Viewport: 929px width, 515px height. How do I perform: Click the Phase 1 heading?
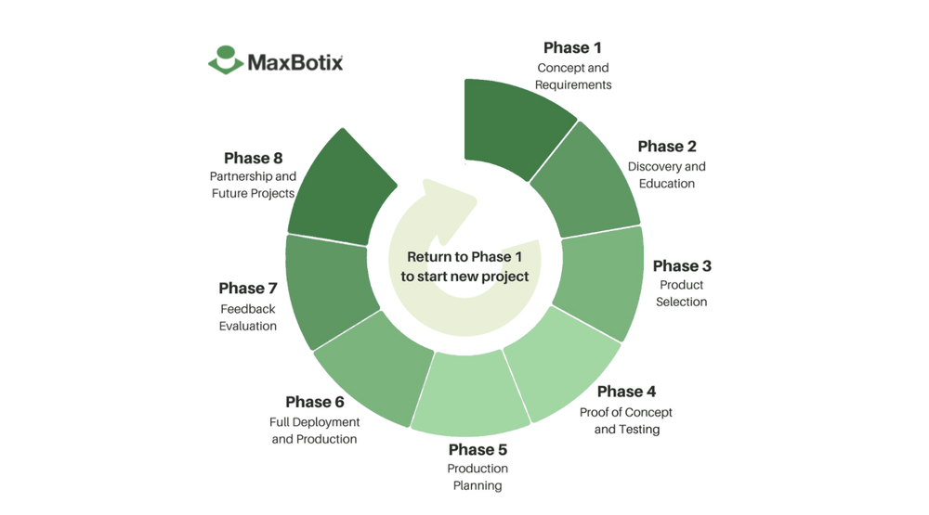tap(572, 47)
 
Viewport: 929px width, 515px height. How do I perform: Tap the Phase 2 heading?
tap(666, 147)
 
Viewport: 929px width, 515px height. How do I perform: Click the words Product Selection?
tap(681, 293)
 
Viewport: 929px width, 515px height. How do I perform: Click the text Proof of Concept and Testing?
tap(626, 420)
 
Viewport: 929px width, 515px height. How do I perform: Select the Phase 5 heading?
tap(477, 451)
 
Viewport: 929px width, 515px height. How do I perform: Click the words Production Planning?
tap(477, 477)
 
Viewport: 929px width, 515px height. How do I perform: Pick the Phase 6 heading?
tap(314, 402)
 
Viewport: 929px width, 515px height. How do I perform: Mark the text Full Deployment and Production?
tap(314, 431)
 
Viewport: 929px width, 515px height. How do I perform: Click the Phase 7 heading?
tap(248, 289)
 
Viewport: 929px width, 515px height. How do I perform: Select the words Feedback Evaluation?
tap(248, 317)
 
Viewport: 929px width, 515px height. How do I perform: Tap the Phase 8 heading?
tap(253, 159)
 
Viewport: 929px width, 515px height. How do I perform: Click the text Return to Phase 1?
tap(464, 257)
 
